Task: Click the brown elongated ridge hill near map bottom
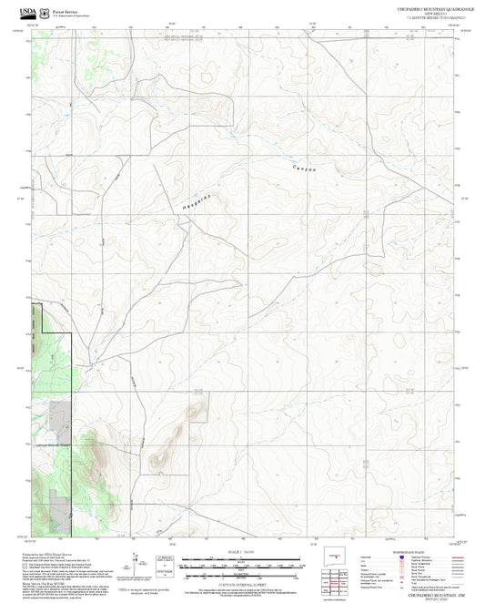click(162, 455)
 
